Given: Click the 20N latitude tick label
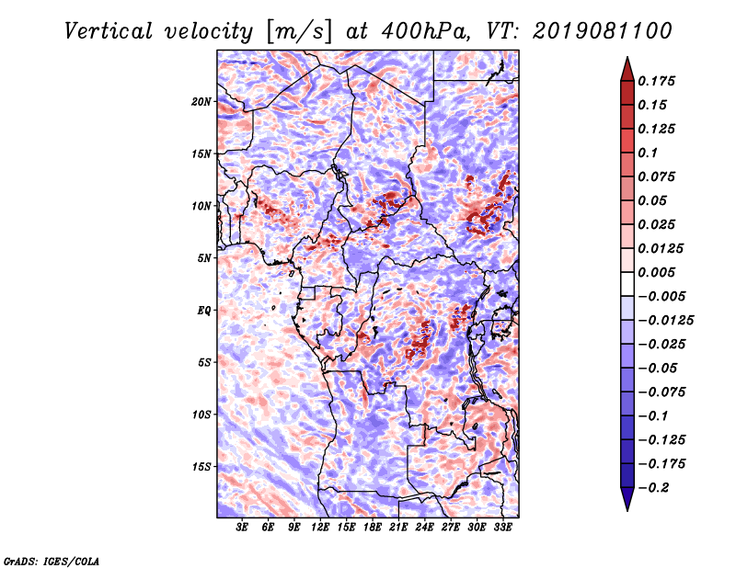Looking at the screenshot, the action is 201,101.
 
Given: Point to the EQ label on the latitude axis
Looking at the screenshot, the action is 203,311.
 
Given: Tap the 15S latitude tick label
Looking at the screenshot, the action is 201,467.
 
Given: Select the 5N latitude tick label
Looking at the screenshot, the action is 204,258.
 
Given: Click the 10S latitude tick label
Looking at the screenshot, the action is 201,415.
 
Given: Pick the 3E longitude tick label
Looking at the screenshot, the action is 242,528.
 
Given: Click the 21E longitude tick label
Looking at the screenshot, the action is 398,528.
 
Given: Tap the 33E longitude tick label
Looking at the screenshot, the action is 502,528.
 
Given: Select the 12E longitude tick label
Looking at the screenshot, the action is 320,528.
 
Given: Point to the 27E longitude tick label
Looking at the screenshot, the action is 450,528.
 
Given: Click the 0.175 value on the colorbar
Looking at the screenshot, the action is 657,81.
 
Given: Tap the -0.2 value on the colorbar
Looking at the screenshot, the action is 653,488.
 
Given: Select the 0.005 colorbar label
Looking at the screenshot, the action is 657,272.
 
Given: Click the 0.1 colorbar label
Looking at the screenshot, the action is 648,153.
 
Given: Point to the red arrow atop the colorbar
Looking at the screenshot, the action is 627,70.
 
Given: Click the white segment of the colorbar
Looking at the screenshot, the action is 627,284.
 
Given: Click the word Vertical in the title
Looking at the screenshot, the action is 109,31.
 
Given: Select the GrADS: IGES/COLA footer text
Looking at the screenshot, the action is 52,562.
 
